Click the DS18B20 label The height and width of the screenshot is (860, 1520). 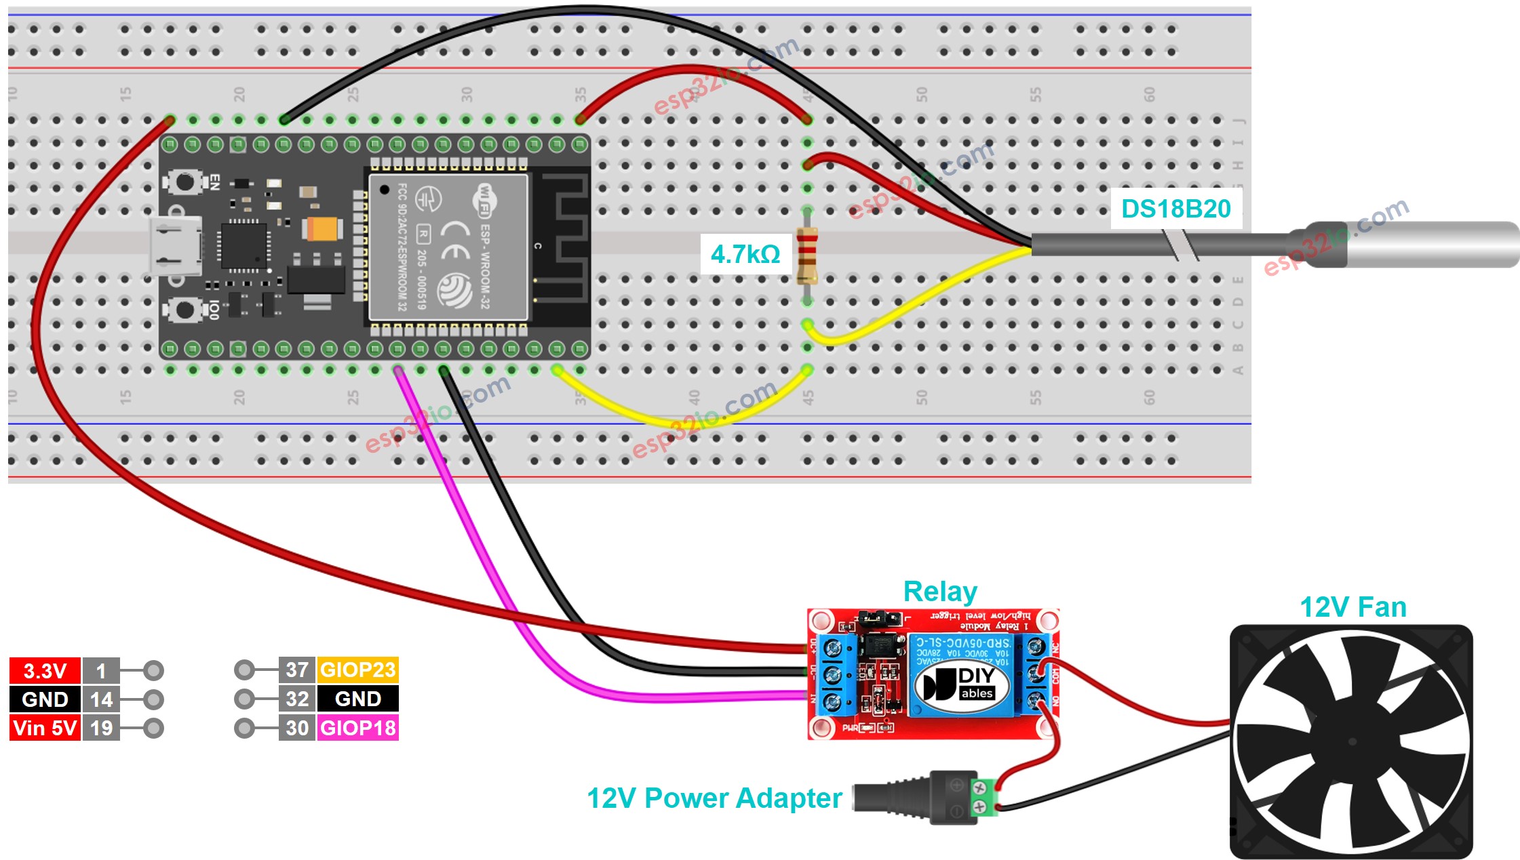(x=1175, y=209)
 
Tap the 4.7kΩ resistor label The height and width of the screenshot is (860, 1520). (x=745, y=254)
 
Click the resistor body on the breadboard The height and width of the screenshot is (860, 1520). (x=806, y=255)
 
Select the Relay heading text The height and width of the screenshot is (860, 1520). (x=939, y=592)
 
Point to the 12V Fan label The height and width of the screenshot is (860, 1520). (x=1352, y=607)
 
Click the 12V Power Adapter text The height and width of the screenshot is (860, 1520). (x=714, y=798)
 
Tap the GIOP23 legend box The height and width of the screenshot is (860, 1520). (x=357, y=670)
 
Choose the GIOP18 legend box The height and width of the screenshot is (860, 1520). (x=357, y=728)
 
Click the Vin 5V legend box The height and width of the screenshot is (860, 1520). (x=45, y=728)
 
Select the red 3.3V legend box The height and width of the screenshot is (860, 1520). (x=45, y=671)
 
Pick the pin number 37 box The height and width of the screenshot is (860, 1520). (x=297, y=670)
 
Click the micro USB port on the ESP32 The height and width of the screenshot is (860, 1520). (x=175, y=246)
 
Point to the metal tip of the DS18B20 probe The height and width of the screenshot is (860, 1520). (x=1431, y=244)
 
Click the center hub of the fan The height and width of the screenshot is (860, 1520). (x=1351, y=741)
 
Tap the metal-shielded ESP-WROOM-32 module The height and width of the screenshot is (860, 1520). (x=448, y=247)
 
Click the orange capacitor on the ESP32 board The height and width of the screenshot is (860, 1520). (x=321, y=229)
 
